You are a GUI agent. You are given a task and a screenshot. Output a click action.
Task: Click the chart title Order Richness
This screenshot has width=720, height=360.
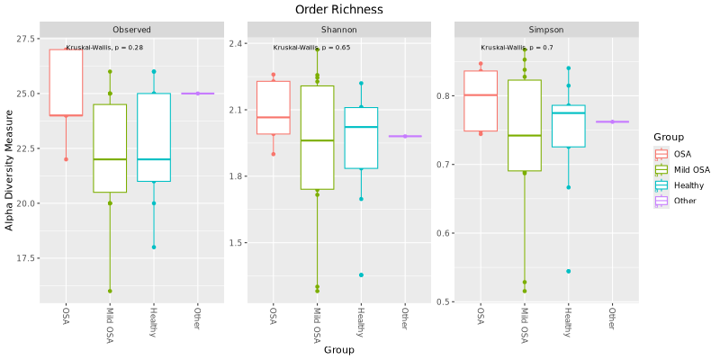click(338, 9)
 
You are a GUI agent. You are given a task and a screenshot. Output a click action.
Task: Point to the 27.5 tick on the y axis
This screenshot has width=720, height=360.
click(26, 39)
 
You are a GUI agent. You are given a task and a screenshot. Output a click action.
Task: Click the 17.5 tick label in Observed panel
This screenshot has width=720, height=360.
click(26, 258)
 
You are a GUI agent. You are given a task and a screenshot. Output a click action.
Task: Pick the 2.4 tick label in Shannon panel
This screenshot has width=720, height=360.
click(237, 43)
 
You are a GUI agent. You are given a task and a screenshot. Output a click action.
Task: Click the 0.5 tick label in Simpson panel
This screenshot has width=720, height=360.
click(445, 301)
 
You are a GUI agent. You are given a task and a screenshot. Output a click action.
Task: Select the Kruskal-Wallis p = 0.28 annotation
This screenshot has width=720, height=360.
click(104, 47)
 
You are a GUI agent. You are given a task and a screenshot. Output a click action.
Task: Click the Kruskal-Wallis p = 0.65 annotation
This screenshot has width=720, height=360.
click(311, 47)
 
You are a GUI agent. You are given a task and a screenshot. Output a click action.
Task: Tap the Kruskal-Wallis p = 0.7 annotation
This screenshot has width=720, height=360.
click(517, 47)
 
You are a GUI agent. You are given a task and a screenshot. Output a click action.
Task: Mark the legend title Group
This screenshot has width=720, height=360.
click(669, 137)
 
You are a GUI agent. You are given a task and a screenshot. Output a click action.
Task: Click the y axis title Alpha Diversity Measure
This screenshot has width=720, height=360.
click(10, 170)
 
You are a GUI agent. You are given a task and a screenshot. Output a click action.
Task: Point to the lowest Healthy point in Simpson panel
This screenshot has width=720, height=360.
click(568, 271)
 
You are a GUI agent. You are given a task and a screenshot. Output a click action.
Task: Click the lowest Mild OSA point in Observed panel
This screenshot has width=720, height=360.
click(110, 291)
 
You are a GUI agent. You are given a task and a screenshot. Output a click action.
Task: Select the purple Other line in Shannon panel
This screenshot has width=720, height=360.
click(405, 136)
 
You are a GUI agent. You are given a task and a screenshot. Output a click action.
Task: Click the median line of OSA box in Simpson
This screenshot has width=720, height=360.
click(481, 94)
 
